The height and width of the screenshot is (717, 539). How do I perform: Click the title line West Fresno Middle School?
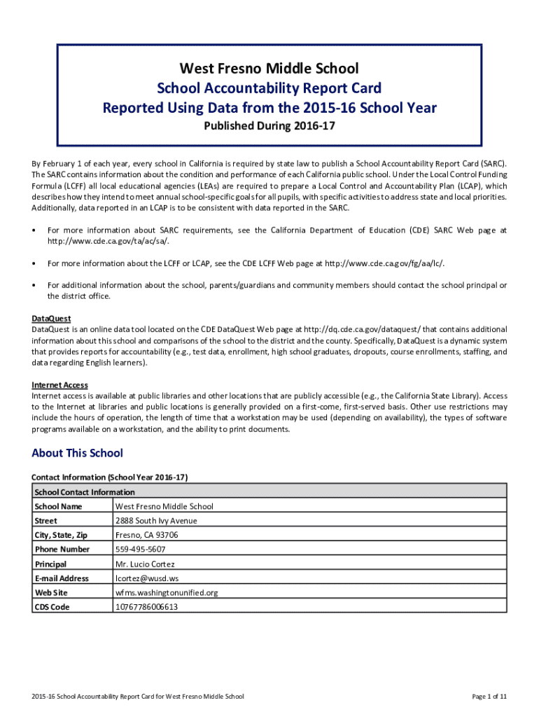tap(269, 69)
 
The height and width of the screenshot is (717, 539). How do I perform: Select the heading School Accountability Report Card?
tap(269, 88)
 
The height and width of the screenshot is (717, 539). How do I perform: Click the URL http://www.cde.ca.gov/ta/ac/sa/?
tap(108, 241)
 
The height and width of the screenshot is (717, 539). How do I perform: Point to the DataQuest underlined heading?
tap(51, 319)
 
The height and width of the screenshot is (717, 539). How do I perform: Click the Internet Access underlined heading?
tap(59, 385)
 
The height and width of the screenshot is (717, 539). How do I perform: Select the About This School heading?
tap(77, 453)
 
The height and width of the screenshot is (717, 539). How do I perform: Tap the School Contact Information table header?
tap(85, 492)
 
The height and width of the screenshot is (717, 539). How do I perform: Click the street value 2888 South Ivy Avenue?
tap(156, 521)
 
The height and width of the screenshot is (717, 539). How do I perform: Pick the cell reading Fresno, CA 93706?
tap(146, 535)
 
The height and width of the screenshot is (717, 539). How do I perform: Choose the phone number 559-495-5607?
tap(140, 550)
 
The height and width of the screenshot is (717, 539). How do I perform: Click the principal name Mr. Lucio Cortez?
tap(145, 564)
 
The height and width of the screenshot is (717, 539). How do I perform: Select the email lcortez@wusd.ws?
tap(146, 578)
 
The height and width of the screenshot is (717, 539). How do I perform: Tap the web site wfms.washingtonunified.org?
tap(167, 593)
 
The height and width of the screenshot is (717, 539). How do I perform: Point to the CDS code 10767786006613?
tap(146, 607)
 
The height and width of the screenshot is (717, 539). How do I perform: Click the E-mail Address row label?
tap(62, 578)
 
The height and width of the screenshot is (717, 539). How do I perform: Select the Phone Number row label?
tap(62, 550)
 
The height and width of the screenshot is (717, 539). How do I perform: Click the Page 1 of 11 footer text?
tap(489, 697)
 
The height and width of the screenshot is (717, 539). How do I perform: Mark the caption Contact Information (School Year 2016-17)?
tap(110, 477)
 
